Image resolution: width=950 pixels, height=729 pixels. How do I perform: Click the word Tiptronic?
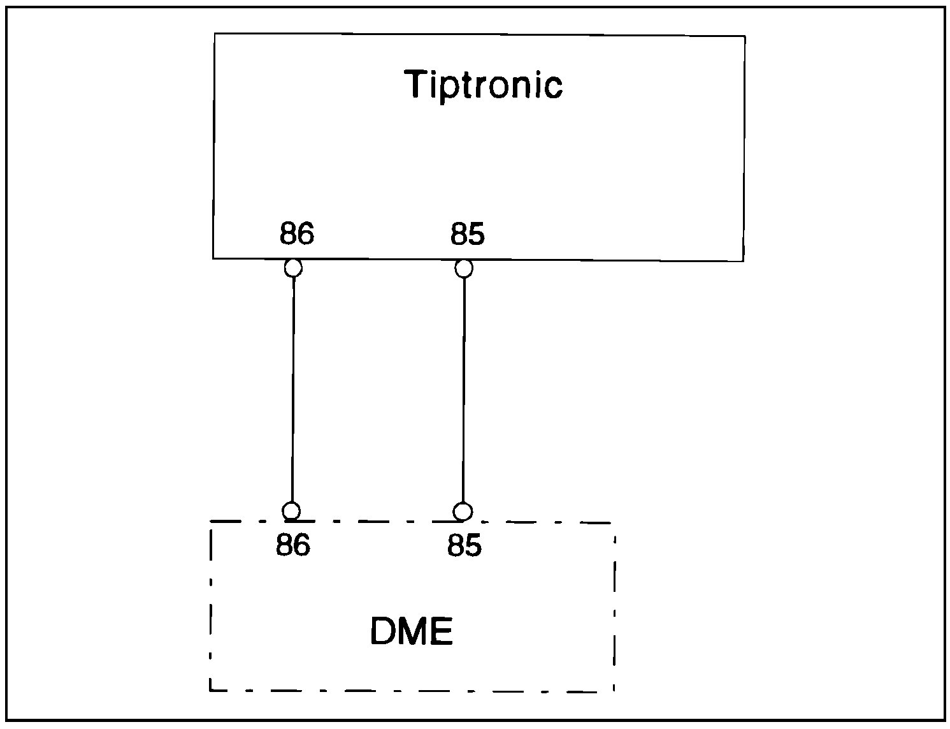[x=484, y=85]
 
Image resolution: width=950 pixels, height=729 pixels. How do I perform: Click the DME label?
[x=412, y=631]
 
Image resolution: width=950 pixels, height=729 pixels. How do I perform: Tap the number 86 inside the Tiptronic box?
[x=296, y=234]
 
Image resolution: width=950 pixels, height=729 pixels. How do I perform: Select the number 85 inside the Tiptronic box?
[x=468, y=234]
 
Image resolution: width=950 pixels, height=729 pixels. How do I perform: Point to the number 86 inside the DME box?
[x=293, y=545]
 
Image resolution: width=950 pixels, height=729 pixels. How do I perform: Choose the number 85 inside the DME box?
[x=464, y=545]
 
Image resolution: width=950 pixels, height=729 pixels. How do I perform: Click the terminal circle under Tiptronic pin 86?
[x=293, y=268]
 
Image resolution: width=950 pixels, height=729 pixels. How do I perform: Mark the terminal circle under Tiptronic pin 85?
[x=464, y=269]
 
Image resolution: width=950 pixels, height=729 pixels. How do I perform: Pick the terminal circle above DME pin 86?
[x=291, y=511]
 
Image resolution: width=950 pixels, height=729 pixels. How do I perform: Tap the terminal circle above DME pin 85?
[x=463, y=512]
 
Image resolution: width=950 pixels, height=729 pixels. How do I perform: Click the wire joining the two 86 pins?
[x=292, y=389]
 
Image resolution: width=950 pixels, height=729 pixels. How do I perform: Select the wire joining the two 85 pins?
[x=463, y=389]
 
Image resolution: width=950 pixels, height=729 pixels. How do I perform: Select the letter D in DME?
[x=384, y=631]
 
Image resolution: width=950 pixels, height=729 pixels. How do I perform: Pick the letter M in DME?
[x=413, y=631]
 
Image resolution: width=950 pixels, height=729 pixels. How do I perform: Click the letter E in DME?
[x=442, y=631]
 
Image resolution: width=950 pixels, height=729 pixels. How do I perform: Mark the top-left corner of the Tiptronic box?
[x=215, y=34]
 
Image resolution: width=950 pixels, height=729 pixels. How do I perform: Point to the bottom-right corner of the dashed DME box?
[x=614, y=691]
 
